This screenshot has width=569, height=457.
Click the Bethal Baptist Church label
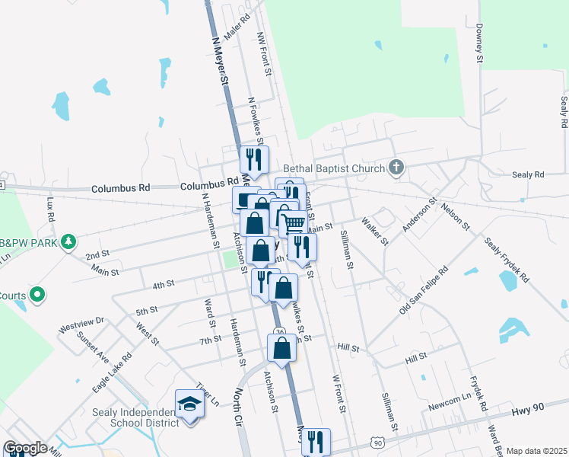[334, 168]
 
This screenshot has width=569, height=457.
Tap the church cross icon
[395, 168]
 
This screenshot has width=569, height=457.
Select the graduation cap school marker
[189, 404]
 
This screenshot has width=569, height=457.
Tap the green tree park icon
[68, 241]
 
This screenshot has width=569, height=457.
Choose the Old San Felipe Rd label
[423, 291]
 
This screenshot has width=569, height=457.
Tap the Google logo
[25, 448]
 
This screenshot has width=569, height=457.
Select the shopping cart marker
[294, 222]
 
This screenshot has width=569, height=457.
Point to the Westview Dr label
[81, 327]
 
